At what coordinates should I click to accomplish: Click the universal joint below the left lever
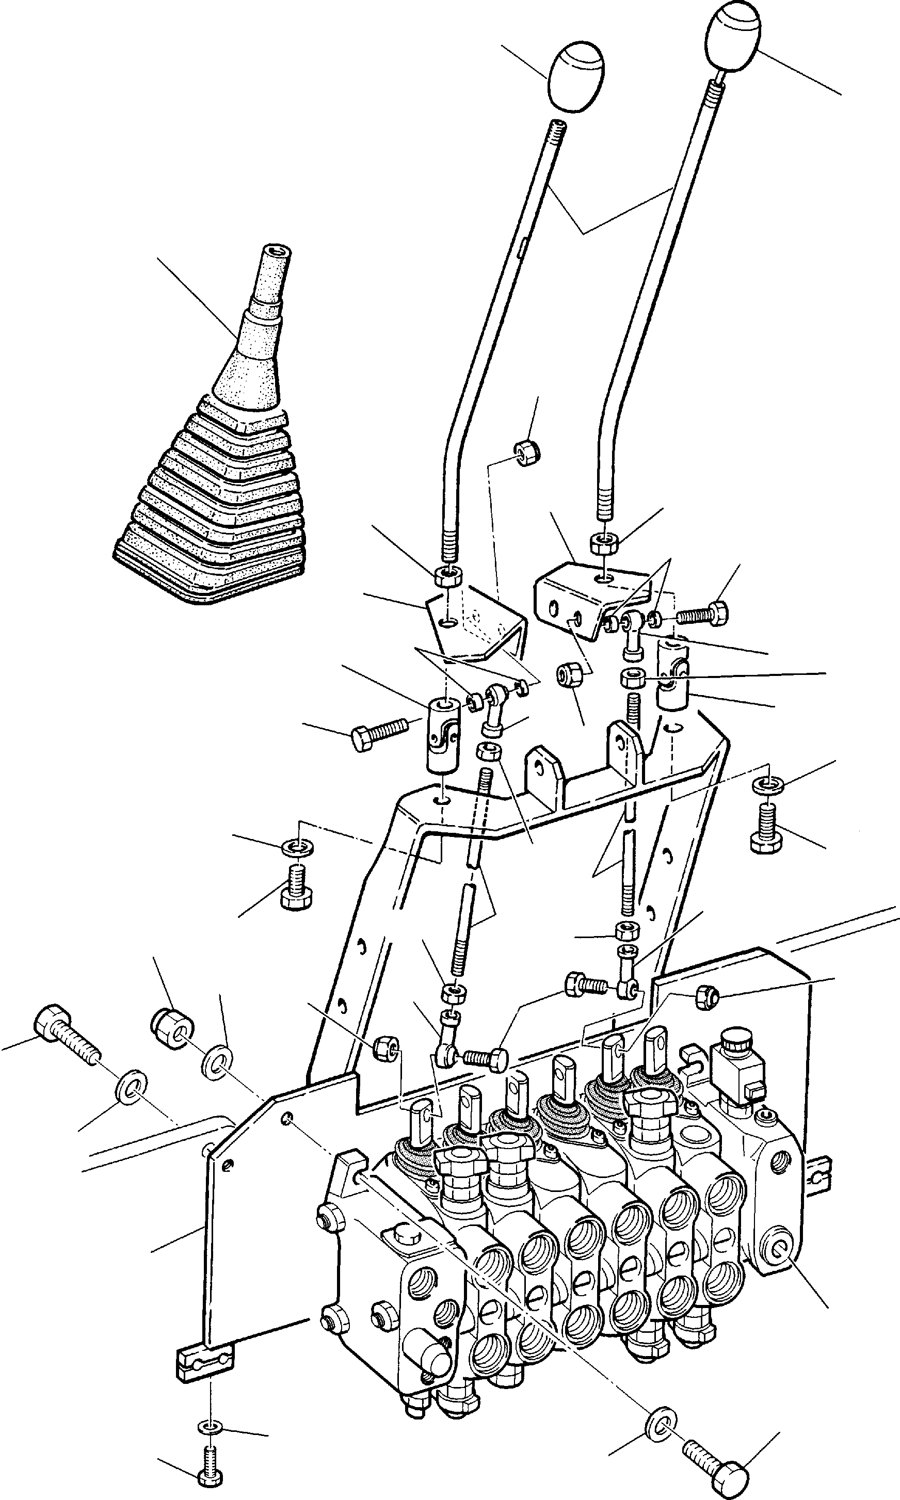pyautogui.click(x=444, y=735)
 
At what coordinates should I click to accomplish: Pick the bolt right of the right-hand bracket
pyautogui.click(x=703, y=613)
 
